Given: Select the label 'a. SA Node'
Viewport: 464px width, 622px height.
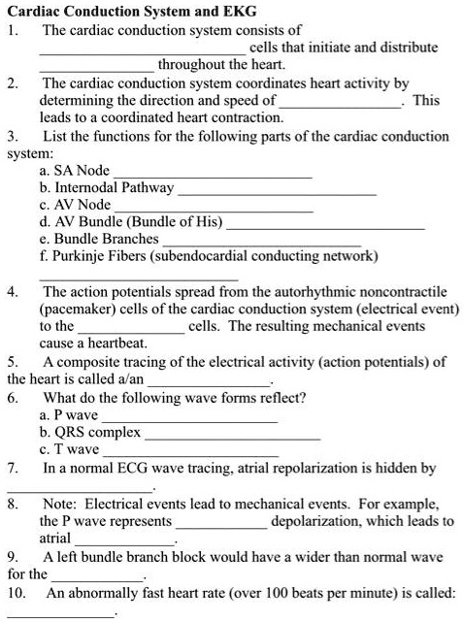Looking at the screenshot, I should point(74,170).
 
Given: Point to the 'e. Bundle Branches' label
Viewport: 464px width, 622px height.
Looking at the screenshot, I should point(98,239).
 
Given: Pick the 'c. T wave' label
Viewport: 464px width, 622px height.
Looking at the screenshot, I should point(68,450).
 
